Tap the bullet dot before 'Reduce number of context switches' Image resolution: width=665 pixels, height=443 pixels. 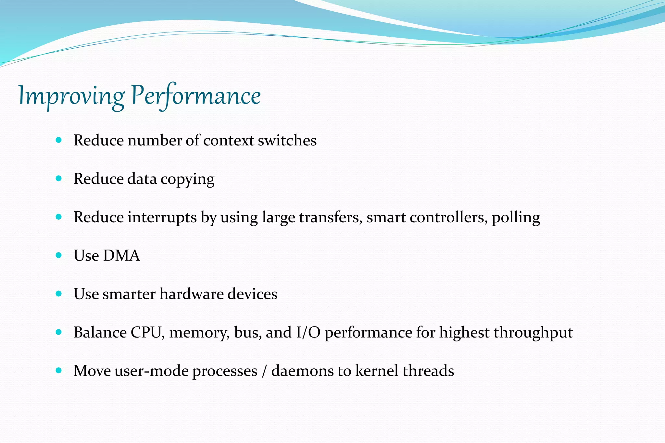[x=59, y=140]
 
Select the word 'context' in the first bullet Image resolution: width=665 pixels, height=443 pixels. [x=229, y=141]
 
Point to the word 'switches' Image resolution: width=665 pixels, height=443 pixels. [x=287, y=141]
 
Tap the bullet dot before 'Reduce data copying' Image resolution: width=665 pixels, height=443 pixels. [x=59, y=178]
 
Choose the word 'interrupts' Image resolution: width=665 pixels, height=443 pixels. [x=162, y=217]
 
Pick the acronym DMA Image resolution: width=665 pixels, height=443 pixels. [x=121, y=256]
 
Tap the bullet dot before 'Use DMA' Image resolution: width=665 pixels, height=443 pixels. [x=59, y=255]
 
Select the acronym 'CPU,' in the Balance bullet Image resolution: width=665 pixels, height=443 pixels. [x=147, y=333]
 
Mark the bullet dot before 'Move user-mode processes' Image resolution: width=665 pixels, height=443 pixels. [x=59, y=370]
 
